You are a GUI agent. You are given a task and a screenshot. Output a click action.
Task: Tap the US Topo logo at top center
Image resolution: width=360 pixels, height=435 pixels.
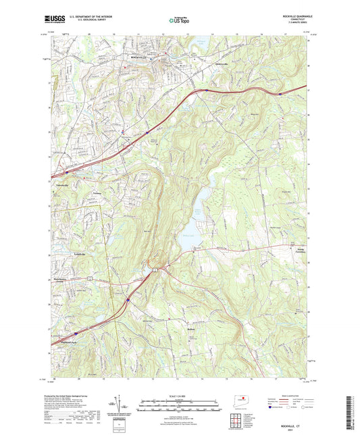tap(179, 22)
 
